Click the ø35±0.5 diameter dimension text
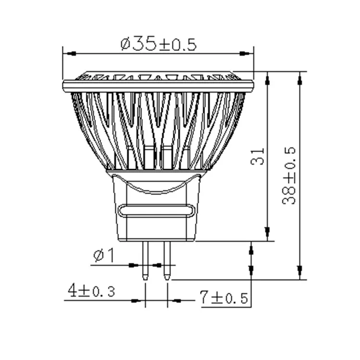[x=158, y=44]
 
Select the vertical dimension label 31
[x=258, y=156]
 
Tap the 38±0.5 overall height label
[x=289, y=175]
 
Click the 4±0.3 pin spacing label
[x=91, y=290]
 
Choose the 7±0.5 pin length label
[x=224, y=298]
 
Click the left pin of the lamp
[x=145, y=259]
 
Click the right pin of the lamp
[x=167, y=259]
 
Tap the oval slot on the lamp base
[x=157, y=211]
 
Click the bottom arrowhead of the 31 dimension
[x=267, y=235]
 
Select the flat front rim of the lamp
[x=158, y=86]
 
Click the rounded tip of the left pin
[x=145, y=277]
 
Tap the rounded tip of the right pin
[x=167, y=277]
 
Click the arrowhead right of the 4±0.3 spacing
[x=176, y=301]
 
